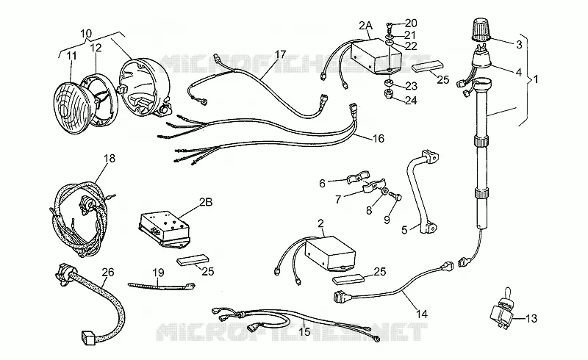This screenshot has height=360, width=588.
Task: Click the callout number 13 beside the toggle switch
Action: point(531,319)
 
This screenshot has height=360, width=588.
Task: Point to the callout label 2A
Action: point(365,26)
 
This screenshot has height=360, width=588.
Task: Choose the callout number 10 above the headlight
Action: point(86,33)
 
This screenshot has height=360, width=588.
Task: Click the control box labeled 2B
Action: point(164,228)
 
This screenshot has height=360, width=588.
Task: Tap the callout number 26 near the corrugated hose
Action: point(108,273)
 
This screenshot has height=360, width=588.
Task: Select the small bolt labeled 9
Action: point(395,195)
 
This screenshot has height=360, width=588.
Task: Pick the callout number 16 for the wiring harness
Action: point(379,139)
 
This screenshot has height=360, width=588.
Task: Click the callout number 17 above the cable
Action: point(280,54)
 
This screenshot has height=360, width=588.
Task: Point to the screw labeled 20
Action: point(389,26)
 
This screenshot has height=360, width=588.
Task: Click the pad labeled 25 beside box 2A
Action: point(428,68)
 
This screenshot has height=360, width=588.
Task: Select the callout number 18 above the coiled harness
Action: point(109,158)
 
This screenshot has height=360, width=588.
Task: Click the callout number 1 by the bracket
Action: point(536,79)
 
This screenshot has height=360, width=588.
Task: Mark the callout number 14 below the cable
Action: point(421,314)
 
